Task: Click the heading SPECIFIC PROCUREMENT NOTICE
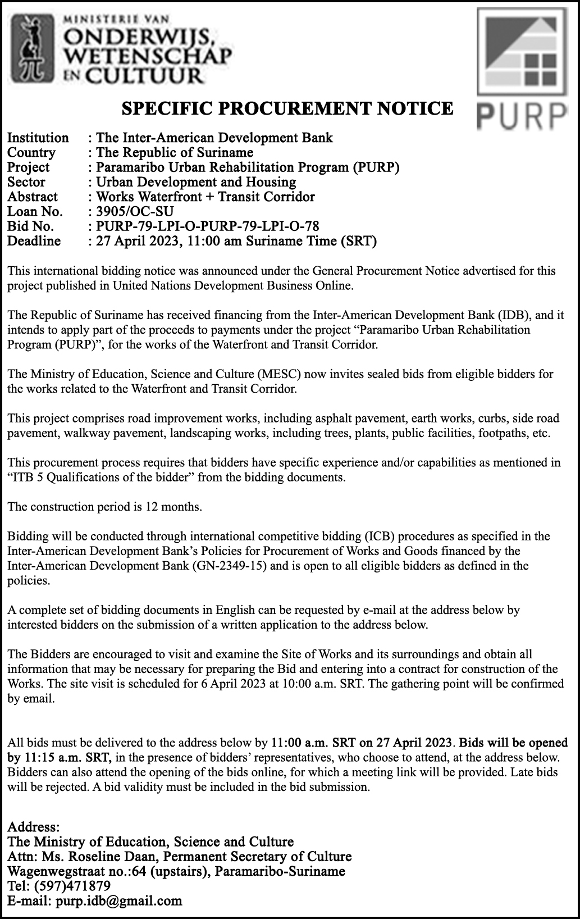pos(287,108)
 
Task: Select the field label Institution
pos(38,138)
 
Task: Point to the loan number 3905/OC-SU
pos(135,212)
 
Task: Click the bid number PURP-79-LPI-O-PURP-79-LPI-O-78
pos(207,226)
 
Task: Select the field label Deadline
pos(34,241)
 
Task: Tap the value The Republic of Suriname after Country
pos(175,153)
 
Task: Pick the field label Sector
pos(26,182)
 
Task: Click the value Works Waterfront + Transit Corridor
pos(205,197)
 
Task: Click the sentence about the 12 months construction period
pos(104,507)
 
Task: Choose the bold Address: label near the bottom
pos(33,827)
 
